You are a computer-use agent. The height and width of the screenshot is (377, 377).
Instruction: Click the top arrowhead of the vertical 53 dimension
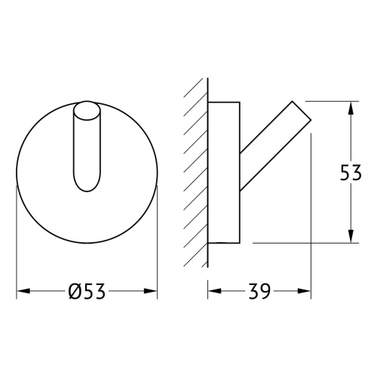point(351,108)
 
